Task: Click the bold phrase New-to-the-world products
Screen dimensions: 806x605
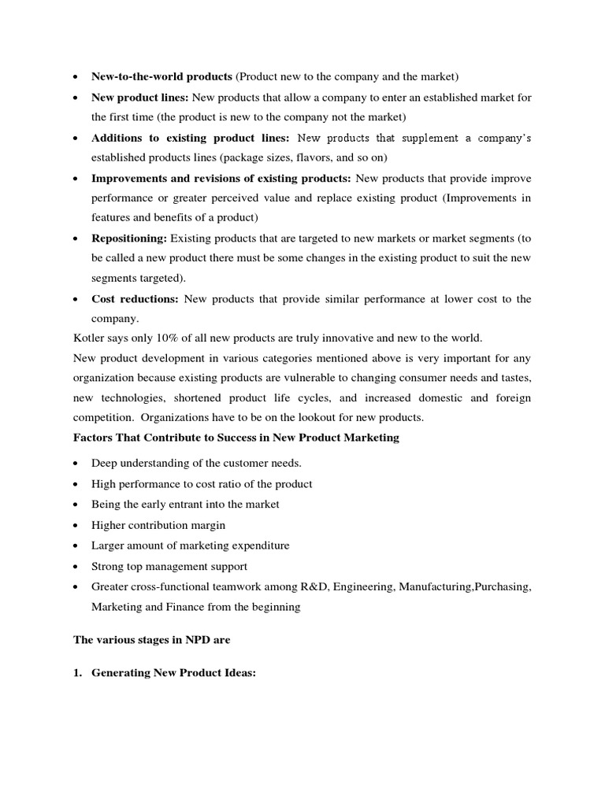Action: point(161,76)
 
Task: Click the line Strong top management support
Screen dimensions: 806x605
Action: point(169,566)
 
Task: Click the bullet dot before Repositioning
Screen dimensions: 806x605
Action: point(74,238)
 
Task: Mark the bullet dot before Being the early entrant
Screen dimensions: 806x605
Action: point(74,505)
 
